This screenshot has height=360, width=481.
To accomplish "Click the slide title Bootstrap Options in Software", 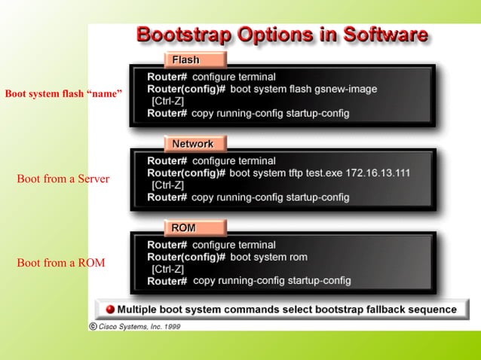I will click(283, 35).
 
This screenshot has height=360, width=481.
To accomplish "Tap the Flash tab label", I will click(186, 59).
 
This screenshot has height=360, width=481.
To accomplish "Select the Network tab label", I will click(193, 144).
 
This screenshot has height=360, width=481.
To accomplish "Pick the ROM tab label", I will click(184, 227).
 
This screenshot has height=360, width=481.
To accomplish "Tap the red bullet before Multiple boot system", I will click(109, 310).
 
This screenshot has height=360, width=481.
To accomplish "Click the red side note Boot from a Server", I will click(63, 179).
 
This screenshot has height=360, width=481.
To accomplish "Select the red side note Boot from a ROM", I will click(61, 263).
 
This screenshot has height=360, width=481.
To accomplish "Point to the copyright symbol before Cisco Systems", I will click(93, 327).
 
